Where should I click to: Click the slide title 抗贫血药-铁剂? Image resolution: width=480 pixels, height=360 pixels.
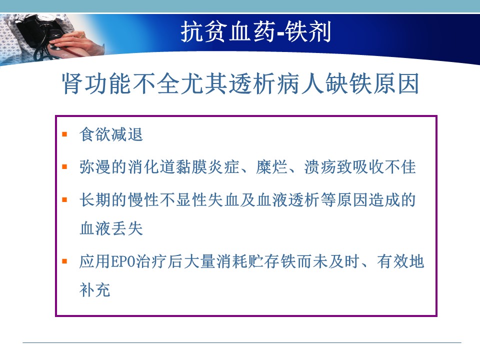[255, 31]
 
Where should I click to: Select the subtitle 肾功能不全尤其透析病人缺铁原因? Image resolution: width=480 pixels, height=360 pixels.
[240, 83]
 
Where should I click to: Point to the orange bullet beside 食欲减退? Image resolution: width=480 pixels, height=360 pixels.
[64, 134]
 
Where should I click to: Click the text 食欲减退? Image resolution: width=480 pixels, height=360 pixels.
[111, 134]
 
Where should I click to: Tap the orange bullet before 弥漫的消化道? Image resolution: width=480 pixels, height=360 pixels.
[64, 167]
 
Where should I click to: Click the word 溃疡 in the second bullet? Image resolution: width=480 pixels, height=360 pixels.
[320, 167]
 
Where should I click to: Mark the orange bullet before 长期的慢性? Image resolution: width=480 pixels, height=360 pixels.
[64, 200]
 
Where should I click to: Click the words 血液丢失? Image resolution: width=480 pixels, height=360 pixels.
[111, 228]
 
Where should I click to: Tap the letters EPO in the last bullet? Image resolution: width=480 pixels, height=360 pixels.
[122, 261]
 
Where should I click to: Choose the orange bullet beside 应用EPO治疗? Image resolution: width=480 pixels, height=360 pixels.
[64, 261]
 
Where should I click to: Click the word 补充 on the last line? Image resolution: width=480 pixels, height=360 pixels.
[95, 289]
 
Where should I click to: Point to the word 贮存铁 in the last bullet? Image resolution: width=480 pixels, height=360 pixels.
[272, 261]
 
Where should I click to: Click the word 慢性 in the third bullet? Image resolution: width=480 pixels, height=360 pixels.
[143, 200]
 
